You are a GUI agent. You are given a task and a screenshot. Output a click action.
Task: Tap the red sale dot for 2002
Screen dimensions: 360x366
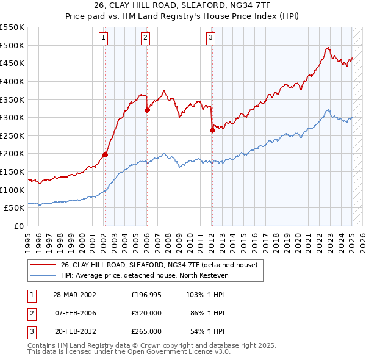(105, 154)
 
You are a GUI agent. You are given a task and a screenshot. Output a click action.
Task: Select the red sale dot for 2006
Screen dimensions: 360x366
(147, 110)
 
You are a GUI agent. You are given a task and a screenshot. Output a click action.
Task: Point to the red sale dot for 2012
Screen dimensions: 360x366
(212, 129)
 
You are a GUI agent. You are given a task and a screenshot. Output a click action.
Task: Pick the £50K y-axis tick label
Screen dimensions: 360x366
(15, 207)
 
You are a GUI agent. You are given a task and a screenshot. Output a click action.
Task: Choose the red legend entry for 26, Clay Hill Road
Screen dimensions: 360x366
(159, 265)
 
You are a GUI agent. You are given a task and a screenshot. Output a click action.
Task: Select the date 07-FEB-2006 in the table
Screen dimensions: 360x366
(75, 313)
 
